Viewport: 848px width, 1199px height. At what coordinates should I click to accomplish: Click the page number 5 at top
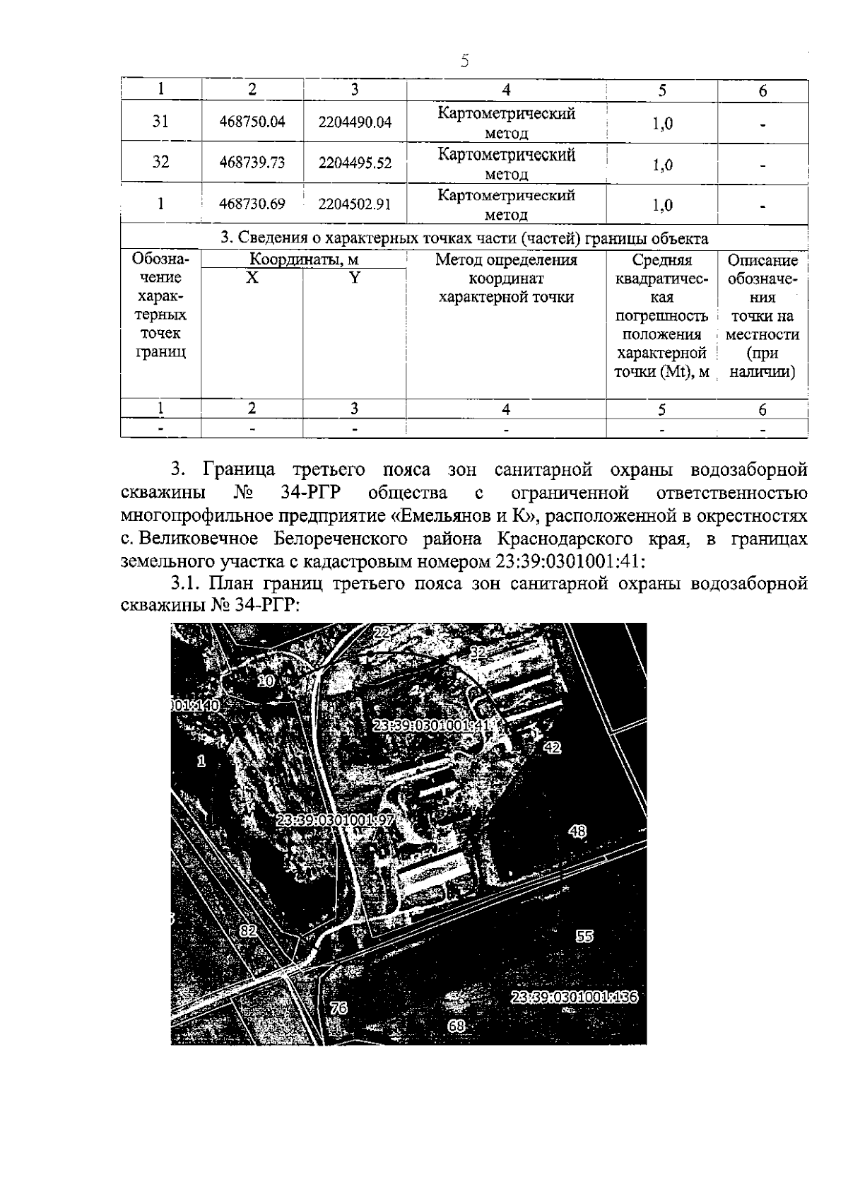[464, 61]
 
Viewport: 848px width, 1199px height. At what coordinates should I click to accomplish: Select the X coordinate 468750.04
[252, 122]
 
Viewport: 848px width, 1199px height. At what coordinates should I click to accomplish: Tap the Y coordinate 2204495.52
[355, 163]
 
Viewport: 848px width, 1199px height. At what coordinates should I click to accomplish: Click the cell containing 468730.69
[252, 204]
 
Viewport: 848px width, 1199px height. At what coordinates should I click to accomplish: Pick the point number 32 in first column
[161, 162]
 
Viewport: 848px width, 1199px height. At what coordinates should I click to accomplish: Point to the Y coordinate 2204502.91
[355, 204]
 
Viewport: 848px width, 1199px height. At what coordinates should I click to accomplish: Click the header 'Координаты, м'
[305, 260]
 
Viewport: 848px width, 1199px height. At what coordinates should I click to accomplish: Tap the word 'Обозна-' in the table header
[160, 260]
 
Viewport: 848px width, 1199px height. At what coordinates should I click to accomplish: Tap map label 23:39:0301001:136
[574, 998]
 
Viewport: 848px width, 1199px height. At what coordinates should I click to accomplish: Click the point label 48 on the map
[577, 832]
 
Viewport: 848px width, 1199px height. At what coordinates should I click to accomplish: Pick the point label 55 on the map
[584, 936]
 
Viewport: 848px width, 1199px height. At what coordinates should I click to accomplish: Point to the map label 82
[247, 931]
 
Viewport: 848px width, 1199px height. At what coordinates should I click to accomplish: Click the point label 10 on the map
[266, 681]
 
